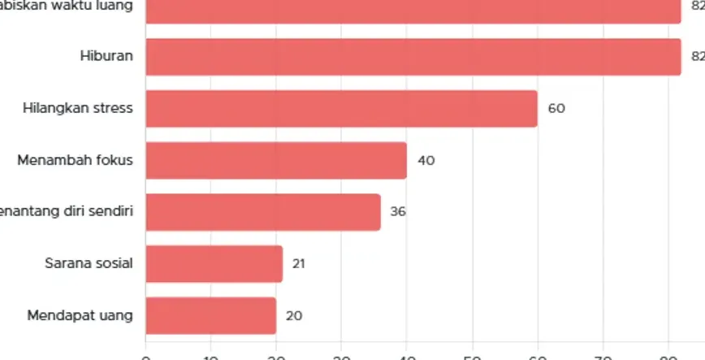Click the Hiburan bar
click(x=413, y=57)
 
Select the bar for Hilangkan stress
click(x=341, y=109)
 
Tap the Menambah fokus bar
click(x=276, y=160)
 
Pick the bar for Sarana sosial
click(x=214, y=264)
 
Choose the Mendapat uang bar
click(x=211, y=315)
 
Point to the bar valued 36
click(x=263, y=212)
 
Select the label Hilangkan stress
click(x=78, y=108)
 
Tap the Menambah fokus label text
click(x=75, y=160)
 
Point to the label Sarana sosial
click(x=89, y=263)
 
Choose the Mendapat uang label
click(x=80, y=315)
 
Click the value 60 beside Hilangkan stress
click(x=556, y=109)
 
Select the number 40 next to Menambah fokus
click(x=426, y=161)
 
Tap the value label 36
click(x=398, y=212)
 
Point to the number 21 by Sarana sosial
click(x=299, y=264)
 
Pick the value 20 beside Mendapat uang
click(x=294, y=316)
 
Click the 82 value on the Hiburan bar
click(x=697, y=57)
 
